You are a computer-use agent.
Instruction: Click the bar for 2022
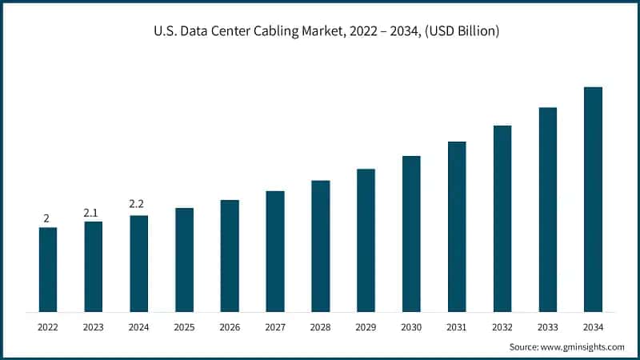[x=48, y=270]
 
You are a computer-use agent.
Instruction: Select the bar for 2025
[x=184, y=260]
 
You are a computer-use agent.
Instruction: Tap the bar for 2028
[x=320, y=246]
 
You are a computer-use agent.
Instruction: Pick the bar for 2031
[x=457, y=226]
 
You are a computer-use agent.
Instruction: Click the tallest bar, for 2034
[x=593, y=199]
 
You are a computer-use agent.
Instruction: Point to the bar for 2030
[x=411, y=234]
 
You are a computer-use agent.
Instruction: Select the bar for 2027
[x=275, y=251]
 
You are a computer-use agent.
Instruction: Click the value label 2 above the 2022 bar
[x=46, y=218]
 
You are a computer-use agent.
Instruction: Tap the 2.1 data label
[x=91, y=213]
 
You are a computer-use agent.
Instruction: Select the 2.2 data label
[x=137, y=205]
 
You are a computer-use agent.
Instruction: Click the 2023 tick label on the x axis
[x=93, y=327]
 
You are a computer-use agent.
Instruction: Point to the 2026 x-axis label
[x=230, y=327]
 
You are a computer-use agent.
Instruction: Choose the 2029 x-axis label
[x=366, y=327]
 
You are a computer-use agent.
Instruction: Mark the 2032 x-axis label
[x=502, y=327]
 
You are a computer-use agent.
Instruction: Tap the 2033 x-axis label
[x=547, y=327]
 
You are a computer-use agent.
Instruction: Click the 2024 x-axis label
[x=138, y=327]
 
